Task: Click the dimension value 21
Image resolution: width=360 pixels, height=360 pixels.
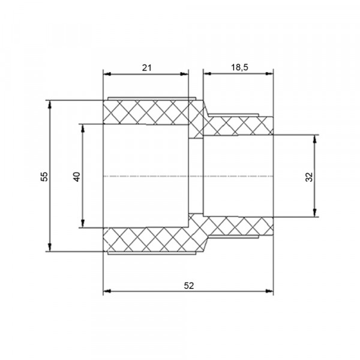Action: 147,68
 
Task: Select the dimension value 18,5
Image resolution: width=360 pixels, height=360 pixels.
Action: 239,67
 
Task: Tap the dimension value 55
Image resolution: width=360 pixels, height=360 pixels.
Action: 44,176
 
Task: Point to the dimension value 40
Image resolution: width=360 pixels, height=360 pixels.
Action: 77,176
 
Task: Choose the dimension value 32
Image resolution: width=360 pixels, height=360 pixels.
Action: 309,177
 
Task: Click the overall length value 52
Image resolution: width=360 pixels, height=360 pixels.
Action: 189,286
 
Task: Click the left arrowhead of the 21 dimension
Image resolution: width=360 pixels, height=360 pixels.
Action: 107,74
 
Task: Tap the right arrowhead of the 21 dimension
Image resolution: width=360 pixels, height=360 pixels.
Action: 184,74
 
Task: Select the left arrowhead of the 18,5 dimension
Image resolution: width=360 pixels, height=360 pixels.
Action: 208,73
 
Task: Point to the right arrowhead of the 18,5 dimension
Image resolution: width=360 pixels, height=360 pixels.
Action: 269,73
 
